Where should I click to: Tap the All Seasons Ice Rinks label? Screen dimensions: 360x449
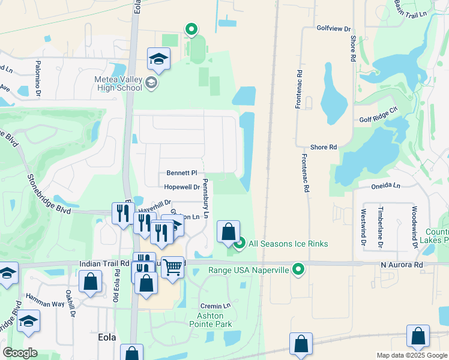point(288,243)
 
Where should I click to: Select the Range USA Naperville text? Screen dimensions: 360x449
point(249,270)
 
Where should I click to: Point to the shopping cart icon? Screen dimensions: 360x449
point(173,266)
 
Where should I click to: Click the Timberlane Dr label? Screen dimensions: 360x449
point(381,228)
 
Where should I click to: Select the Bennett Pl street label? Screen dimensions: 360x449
point(182,173)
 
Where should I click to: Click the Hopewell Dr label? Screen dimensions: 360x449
point(181,187)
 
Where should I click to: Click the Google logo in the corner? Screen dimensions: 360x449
point(20,353)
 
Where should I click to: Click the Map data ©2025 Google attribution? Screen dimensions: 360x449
point(411,355)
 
